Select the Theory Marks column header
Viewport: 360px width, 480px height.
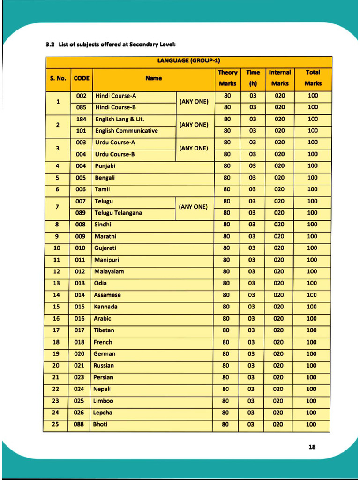click(227, 78)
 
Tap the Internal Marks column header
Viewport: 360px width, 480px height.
click(280, 78)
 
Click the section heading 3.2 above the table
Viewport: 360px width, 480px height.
click(110, 45)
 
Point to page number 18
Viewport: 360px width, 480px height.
click(312, 447)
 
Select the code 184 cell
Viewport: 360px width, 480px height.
click(81, 119)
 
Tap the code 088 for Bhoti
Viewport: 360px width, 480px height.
click(79, 424)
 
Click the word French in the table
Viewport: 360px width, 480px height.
click(103, 342)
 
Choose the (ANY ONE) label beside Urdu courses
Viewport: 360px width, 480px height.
click(194, 148)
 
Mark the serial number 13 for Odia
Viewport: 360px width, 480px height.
click(57, 283)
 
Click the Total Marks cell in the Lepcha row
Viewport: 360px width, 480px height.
click(311, 412)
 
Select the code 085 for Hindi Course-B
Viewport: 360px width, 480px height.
click(82, 107)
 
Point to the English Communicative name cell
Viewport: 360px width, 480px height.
click(127, 131)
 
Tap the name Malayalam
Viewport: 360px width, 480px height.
click(109, 271)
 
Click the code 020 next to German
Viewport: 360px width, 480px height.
click(79, 354)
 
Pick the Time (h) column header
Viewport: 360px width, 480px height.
click(253, 78)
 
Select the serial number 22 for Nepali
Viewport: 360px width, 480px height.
click(56, 389)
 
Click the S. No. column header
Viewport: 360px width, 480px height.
click(58, 78)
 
